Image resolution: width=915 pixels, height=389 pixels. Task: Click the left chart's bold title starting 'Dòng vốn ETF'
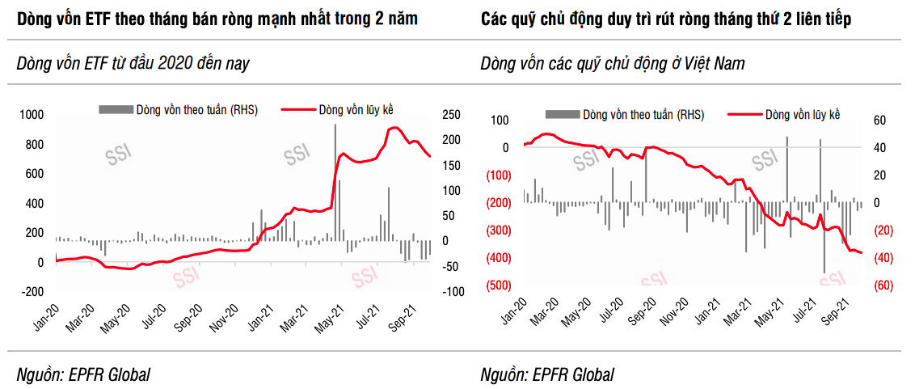click(x=217, y=19)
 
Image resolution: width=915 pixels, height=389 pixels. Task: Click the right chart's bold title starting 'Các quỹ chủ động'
click(x=665, y=19)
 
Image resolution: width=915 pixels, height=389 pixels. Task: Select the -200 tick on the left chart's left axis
click(x=31, y=292)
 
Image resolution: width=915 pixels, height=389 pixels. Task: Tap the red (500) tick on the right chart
click(x=497, y=285)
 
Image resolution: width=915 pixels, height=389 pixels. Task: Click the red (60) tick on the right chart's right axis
click(x=882, y=285)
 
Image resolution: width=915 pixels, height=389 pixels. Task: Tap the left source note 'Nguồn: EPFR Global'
click(x=83, y=374)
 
